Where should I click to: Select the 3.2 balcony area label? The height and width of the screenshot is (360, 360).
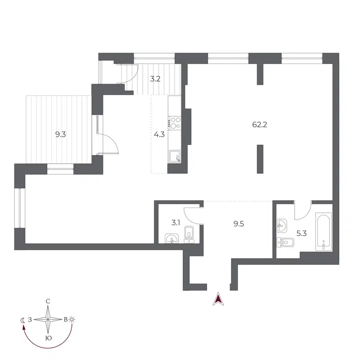coord(156,79)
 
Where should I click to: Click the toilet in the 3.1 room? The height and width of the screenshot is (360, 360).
coord(189,234)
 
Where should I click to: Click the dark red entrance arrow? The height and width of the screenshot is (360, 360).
coord(218,298)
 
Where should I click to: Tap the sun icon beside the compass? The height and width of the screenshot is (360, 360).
coord(72,319)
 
